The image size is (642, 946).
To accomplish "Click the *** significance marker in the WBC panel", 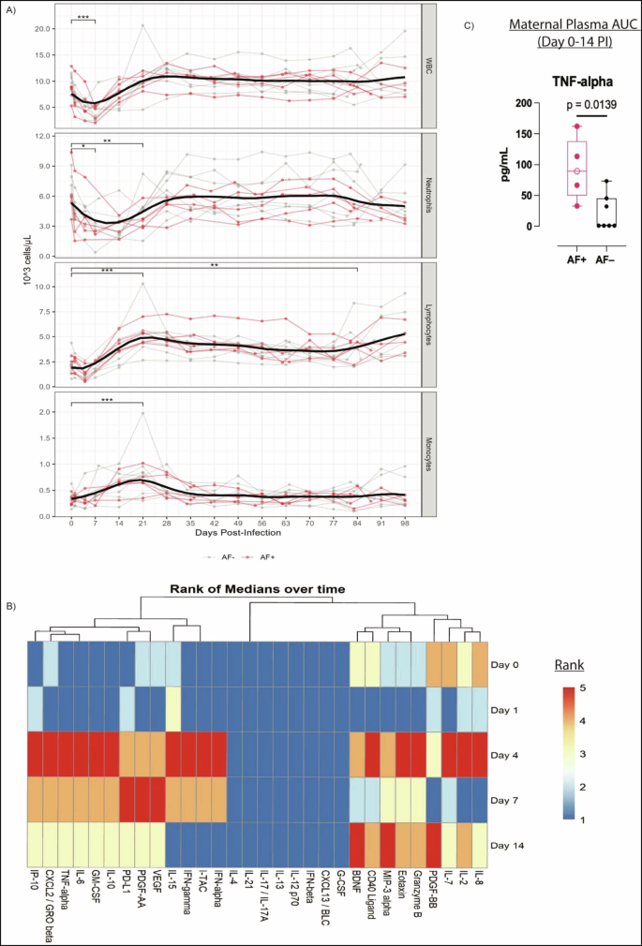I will pyautogui.click(x=83, y=16).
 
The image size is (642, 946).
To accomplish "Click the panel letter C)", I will pyautogui.click(x=471, y=23).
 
